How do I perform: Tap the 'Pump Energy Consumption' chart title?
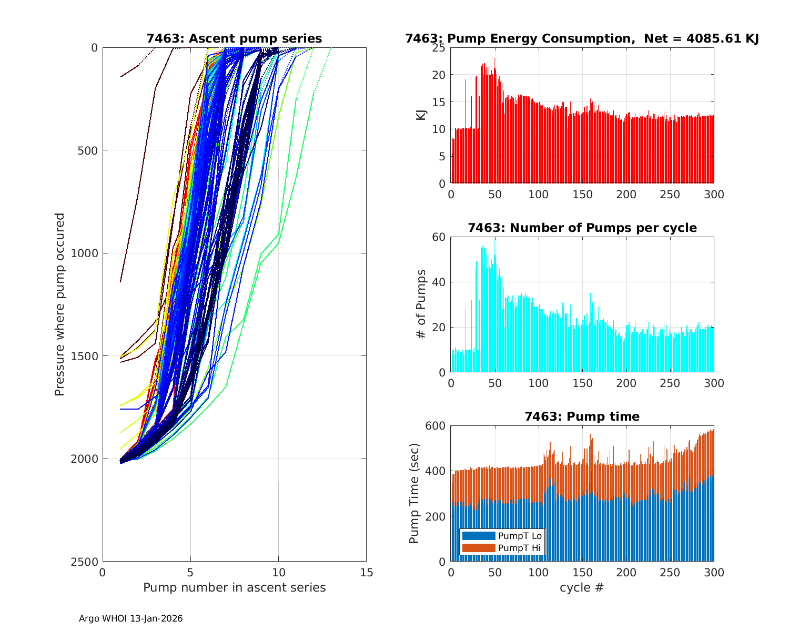click(518, 38)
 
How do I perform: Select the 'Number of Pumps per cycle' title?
click(582, 228)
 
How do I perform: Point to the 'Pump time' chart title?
click(582, 416)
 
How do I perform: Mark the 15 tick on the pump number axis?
click(366, 573)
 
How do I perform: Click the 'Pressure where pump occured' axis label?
click(59, 304)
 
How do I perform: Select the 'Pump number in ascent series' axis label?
click(234, 587)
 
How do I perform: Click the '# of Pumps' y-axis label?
click(421, 304)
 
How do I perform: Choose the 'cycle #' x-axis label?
click(582, 587)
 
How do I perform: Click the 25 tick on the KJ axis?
click(439, 48)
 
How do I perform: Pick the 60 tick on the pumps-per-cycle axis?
click(439, 237)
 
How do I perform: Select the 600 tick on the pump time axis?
click(435, 426)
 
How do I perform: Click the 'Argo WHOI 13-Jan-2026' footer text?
click(130, 618)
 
